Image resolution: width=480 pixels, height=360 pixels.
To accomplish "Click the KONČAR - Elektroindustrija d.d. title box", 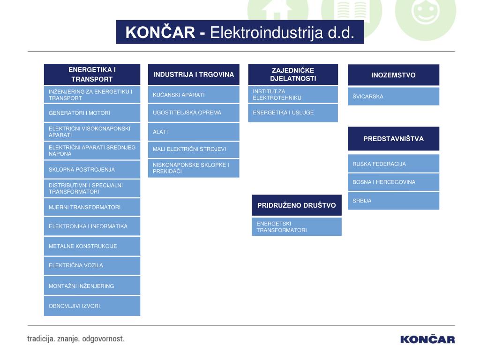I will pyautogui.click(x=240, y=32).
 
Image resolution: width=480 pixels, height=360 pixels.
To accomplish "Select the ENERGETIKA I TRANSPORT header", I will pyautogui.click(x=92, y=75).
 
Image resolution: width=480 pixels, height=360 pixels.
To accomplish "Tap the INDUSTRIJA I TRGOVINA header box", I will pyautogui.click(x=194, y=75).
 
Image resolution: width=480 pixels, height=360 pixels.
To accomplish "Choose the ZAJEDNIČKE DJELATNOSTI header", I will pyautogui.click(x=293, y=75).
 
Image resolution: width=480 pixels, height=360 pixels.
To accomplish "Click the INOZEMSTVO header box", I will pyautogui.click(x=393, y=75).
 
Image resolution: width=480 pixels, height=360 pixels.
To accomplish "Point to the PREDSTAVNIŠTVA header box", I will pyautogui.click(x=393, y=139).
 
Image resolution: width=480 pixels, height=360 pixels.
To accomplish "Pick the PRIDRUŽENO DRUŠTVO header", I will pyautogui.click(x=296, y=205).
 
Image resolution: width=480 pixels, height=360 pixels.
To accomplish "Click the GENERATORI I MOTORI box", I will pyautogui.click(x=92, y=113).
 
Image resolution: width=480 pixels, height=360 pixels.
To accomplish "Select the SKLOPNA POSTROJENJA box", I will pyautogui.click(x=92, y=170).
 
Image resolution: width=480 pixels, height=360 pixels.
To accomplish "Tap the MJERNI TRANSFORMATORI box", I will pyautogui.click(x=92, y=207).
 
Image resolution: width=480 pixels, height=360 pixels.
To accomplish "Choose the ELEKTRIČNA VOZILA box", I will pyautogui.click(x=92, y=265).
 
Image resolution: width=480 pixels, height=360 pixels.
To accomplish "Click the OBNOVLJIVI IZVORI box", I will pyautogui.click(x=92, y=306).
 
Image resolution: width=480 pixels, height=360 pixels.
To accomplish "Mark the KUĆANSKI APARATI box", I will pyautogui.click(x=194, y=95).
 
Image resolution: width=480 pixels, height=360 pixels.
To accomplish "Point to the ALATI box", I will pyautogui.click(x=194, y=132).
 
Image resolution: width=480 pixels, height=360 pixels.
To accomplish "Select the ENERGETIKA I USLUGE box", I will pyautogui.click(x=293, y=113).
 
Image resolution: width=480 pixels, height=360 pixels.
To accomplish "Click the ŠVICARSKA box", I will pyautogui.click(x=393, y=97).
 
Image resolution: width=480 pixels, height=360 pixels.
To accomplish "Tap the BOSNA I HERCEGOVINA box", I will pyautogui.click(x=393, y=182).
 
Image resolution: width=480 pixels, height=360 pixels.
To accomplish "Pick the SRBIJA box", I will pyautogui.click(x=393, y=201).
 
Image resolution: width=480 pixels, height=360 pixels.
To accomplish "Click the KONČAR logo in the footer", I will pyautogui.click(x=427, y=339).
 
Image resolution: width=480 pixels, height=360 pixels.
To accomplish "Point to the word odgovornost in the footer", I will pyautogui.click(x=103, y=338).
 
